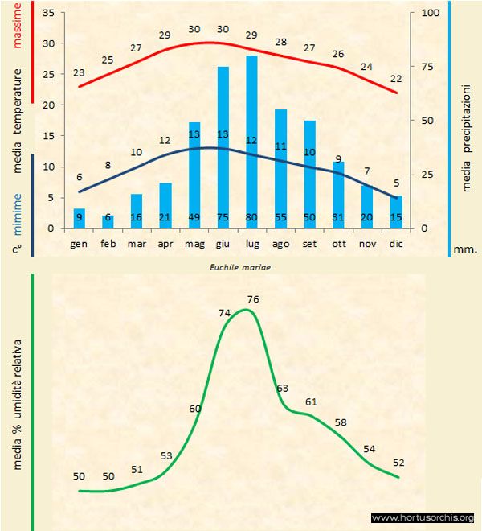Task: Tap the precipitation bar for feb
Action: [108, 222]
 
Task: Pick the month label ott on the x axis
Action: [338, 242]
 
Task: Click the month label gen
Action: [80, 242]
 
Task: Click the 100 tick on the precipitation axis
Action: [431, 13]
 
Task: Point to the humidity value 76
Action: [254, 299]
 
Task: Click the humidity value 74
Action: [226, 313]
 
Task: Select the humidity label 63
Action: [282, 388]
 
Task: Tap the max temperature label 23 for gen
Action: [79, 72]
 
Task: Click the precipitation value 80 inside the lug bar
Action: [251, 217]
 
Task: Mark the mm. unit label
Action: [466, 250]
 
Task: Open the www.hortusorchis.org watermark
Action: [423, 517]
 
